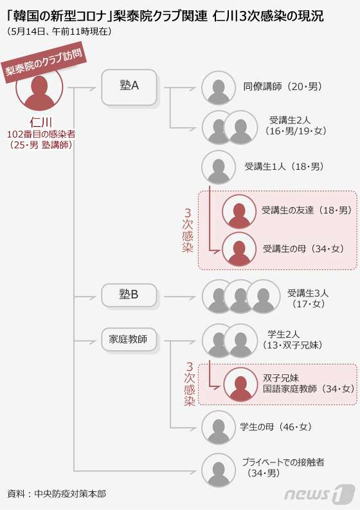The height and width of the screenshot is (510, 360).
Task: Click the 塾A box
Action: [x=129, y=87]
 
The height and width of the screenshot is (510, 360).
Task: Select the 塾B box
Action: [x=129, y=295]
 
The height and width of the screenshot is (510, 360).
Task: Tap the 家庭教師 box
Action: [x=129, y=340]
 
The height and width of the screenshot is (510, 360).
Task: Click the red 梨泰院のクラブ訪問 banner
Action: [x=45, y=64]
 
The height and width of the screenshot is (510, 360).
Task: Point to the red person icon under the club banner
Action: [x=40, y=92]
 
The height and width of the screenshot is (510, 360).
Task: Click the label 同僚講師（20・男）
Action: [x=282, y=87]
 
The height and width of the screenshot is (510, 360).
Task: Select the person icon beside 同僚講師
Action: [x=218, y=88]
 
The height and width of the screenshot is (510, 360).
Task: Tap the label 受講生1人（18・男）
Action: [x=284, y=167]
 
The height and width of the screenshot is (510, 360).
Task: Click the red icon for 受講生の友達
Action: [x=239, y=212]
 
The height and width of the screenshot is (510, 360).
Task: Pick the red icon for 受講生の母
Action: [x=239, y=250]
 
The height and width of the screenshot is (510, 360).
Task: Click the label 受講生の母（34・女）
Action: [x=303, y=249]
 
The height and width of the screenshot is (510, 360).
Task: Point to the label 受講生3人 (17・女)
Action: [x=308, y=298]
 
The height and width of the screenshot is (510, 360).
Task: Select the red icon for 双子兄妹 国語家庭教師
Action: [x=240, y=385]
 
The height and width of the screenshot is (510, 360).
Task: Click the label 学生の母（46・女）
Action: [x=275, y=427]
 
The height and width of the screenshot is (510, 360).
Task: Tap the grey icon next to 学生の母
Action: [x=218, y=428]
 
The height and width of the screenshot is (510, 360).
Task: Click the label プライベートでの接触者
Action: [x=283, y=462]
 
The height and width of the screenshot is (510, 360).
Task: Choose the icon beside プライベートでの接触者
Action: [x=218, y=470]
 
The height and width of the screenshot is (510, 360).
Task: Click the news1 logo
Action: [x=319, y=494]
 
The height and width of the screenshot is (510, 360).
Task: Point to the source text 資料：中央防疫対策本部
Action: [x=57, y=494]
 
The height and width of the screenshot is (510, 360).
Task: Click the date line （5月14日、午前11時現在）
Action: [x=59, y=32]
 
